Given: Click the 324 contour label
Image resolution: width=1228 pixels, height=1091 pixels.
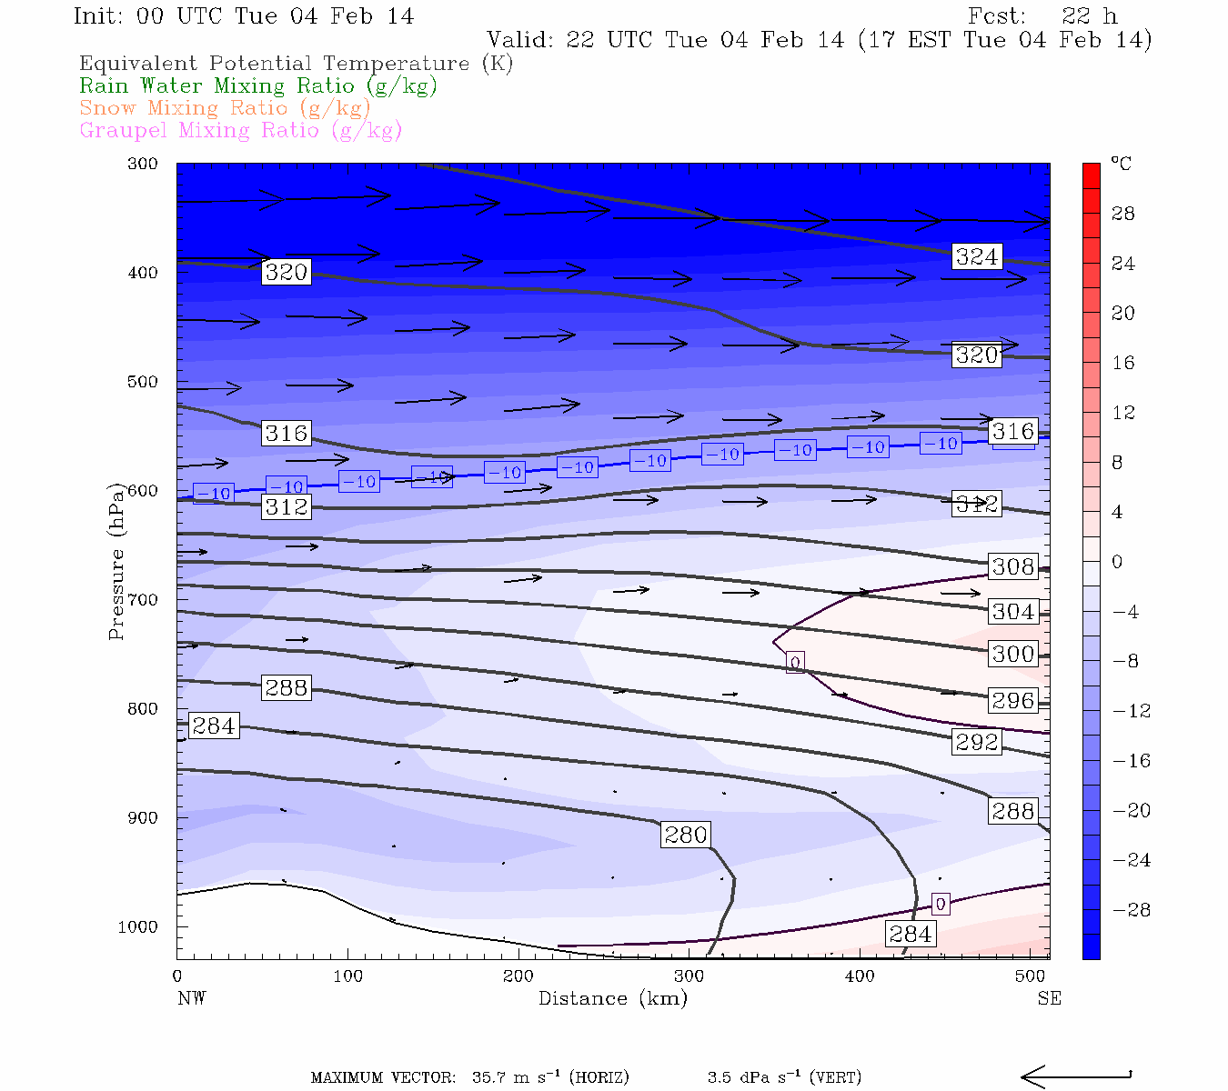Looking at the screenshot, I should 977,257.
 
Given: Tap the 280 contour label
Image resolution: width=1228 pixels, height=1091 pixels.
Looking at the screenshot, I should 686,835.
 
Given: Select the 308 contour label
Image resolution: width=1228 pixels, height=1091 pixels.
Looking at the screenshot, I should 1013,566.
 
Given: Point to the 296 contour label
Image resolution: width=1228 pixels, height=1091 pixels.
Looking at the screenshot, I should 1013,701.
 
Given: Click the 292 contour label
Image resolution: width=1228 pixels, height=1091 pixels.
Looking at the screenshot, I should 977,742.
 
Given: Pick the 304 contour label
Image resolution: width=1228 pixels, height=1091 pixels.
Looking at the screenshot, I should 1013,612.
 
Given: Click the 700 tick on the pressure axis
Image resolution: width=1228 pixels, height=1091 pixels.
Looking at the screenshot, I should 143,600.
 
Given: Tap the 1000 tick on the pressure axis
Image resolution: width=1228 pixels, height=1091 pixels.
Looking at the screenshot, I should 138,927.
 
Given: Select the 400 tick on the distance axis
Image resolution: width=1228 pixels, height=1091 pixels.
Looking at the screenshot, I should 860,976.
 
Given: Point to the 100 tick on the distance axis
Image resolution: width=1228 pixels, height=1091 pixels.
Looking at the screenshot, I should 347,976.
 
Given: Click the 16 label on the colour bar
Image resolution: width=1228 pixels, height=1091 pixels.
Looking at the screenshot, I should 1123,363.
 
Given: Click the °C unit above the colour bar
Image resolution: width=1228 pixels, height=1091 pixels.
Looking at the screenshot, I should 1121,164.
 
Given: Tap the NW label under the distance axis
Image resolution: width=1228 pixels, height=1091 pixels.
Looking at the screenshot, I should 191,998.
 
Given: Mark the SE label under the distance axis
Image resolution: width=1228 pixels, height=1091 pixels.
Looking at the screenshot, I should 1049,998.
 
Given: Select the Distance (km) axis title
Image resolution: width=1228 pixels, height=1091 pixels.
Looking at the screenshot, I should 613,998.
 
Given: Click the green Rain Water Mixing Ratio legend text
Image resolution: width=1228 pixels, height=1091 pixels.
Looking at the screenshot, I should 258,86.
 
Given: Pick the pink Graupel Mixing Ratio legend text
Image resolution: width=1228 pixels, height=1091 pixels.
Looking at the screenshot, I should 241,130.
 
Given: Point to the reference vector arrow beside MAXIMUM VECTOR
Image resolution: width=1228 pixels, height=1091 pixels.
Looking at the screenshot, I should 1076,1077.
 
